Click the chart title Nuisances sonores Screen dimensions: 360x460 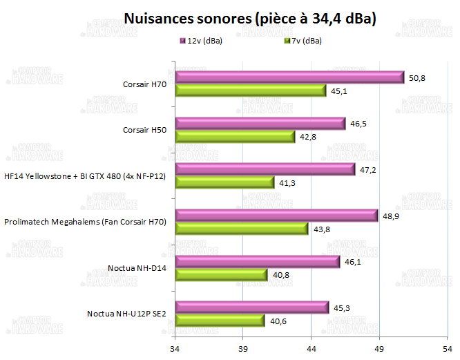click(249, 19)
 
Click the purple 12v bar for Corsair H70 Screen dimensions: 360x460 click(289, 77)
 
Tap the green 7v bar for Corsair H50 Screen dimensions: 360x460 click(235, 136)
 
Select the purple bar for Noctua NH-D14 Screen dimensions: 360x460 click(258, 261)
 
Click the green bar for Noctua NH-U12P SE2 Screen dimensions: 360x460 click(220, 320)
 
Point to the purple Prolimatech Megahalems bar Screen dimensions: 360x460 click(276, 216)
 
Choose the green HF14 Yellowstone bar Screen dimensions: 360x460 click(224, 182)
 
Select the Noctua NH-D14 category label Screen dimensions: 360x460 click(137, 268)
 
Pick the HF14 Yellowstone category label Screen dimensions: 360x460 click(85, 176)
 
